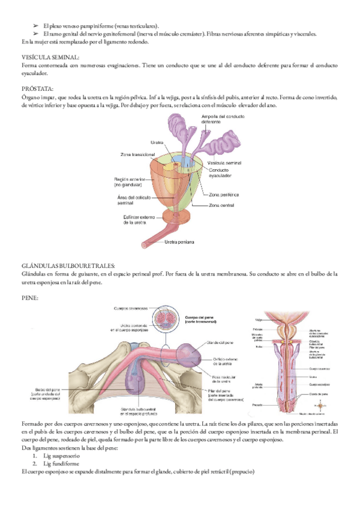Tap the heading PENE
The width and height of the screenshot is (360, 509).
(x=29, y=297)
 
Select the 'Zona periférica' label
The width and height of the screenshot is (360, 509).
(x=224, y=196)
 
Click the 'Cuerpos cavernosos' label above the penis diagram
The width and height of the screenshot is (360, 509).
(x=131, y=309)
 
